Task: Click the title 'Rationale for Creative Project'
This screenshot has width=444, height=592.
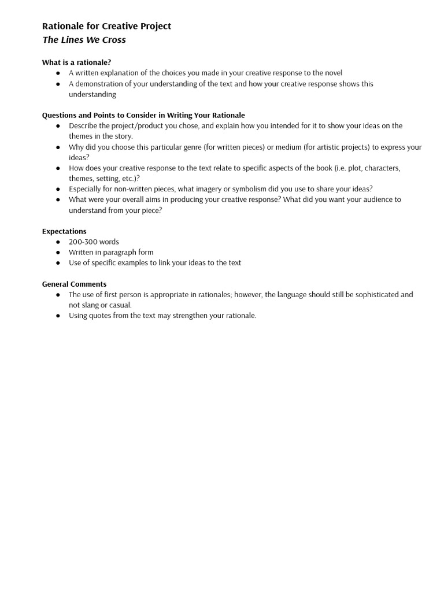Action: [x=106, y=26]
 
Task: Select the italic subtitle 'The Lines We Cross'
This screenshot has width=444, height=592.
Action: [x=84, y=40]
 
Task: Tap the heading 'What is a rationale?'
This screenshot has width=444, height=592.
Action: [x=76, y=62]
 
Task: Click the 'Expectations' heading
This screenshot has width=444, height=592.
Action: [x=64, y=231]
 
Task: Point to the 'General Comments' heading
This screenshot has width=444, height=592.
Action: [x=74, y=284]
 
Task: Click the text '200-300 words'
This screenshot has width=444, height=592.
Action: [x=94, y=242]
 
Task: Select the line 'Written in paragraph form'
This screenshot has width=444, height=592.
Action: [x=111, y=252]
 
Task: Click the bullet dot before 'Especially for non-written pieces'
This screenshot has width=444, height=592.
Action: [x=58, y=189]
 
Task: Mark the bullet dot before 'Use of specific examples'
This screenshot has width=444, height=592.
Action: [x=58, y=263]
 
